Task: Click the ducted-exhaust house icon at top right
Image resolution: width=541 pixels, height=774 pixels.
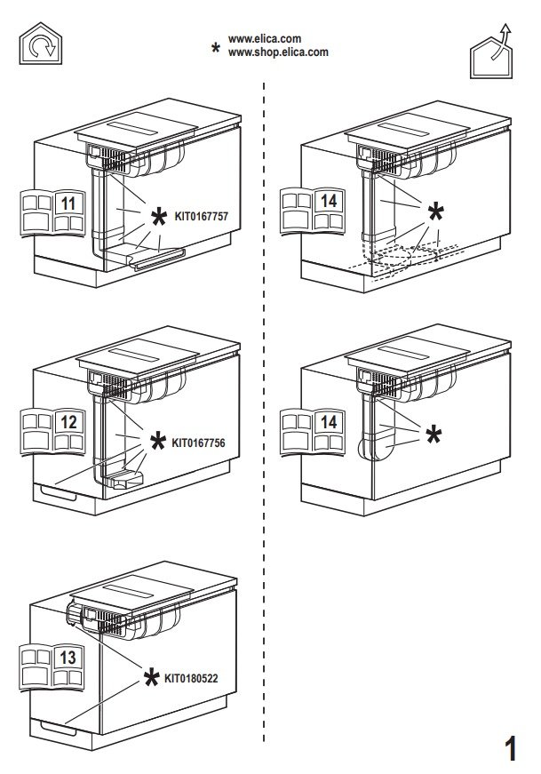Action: tap(493, 54)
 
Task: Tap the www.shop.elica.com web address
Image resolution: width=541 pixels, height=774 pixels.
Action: tap(278, 52)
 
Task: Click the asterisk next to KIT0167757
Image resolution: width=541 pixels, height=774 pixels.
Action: tap(158, 217)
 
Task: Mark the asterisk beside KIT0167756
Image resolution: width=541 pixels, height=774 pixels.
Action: tap(157, 443)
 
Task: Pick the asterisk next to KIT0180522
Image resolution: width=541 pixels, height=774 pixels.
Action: tap(152, 679)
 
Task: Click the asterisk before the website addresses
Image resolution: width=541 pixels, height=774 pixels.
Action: tap(214, 48)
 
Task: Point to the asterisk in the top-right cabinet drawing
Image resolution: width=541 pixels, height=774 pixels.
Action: tap(436, 211)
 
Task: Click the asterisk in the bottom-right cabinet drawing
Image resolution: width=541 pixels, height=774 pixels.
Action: tap(434, 434)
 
